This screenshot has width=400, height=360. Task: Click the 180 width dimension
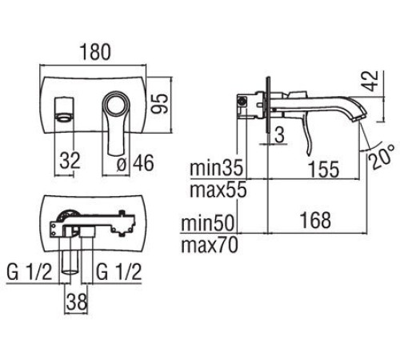tap(95, 52)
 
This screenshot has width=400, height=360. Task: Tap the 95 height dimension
tap(160, 103)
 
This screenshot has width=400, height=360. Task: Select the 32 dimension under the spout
tap(70, 161)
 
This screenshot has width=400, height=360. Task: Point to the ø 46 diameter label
tap(135, 162)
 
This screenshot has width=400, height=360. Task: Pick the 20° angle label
tap(381, 157)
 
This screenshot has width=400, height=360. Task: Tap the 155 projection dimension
tap(323, 169)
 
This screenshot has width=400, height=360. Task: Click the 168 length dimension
tap(316, 220)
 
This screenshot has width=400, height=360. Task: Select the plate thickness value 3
tap(279, 134)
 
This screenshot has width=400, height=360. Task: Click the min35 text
tap(216, 167)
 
